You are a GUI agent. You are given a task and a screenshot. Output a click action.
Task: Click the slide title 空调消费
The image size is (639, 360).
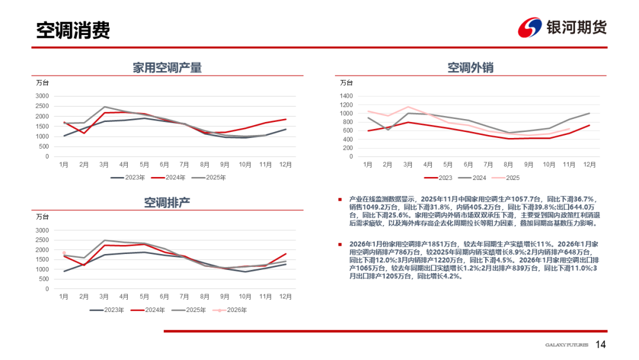[x=73, y=30]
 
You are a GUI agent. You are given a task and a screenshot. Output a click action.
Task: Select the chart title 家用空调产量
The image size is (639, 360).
[x=167, y=67]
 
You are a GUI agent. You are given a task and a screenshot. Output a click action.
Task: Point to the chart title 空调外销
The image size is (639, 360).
[x=470, y=67]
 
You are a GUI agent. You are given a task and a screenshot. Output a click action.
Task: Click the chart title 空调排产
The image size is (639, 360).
[x=167, y=202]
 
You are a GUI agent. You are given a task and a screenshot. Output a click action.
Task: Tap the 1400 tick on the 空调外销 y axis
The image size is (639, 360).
[x=346, y=96]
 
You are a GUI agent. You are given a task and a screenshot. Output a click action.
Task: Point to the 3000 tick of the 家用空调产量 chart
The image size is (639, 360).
[x=41, y=96]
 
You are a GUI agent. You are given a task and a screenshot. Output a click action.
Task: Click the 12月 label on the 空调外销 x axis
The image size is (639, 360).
[x=589, y=164]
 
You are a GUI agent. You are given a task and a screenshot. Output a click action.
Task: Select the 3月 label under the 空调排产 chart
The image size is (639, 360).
[x=104, y=296]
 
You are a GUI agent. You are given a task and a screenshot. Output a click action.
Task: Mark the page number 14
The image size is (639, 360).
[x=601, y=345]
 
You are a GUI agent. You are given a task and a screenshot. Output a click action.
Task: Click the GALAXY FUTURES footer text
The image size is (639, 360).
[x=566, y=345]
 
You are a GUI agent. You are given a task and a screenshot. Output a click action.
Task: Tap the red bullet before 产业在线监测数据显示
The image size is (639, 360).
[x=340, y=200]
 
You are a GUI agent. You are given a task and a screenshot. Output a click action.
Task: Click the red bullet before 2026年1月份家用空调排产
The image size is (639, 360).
[x=340, y=244]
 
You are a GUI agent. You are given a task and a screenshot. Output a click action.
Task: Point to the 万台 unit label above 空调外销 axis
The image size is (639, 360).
[x=346, y=83]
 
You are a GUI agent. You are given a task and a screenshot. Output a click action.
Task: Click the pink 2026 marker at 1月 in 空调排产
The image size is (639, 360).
[x=64, y=253]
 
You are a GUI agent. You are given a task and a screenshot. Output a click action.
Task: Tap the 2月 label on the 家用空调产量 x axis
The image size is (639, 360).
[x=84, y=164]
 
